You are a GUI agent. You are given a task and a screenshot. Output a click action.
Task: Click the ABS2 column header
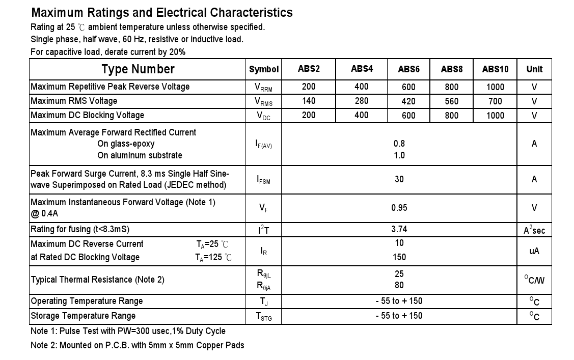[309, 69]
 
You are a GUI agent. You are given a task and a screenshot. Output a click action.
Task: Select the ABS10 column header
[495, 69]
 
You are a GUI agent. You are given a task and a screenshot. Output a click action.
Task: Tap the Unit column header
[534, 69]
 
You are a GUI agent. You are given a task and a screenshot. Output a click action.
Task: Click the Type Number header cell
[138, 69]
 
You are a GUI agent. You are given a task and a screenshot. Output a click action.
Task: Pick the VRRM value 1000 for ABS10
[495, 87]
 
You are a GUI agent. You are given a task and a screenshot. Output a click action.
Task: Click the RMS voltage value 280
[362, 101]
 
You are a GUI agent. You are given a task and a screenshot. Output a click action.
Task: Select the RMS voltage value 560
[451, 101]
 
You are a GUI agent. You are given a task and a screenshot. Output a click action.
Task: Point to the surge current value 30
[399, 179]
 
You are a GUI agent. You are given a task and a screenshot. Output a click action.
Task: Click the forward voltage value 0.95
[399, 208]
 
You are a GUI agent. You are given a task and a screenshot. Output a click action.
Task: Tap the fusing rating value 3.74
[399, 229]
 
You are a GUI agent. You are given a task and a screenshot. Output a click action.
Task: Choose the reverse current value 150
[399, 257]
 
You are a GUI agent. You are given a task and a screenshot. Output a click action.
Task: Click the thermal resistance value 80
[399, 285]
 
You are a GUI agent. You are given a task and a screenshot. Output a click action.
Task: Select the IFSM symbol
[263, 180]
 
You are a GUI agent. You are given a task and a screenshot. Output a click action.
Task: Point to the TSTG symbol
[263, 316]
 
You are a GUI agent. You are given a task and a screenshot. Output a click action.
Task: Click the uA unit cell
[534, 251]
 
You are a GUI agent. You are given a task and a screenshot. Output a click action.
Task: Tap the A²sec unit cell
[534, 230]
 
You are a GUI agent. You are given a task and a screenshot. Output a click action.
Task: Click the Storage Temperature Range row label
[83, 316]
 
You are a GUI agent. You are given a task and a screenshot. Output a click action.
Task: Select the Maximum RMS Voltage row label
[74, 101]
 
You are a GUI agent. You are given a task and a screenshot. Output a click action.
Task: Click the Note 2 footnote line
[137, 345]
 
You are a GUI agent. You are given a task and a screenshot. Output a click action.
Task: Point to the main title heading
[162, 13]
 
